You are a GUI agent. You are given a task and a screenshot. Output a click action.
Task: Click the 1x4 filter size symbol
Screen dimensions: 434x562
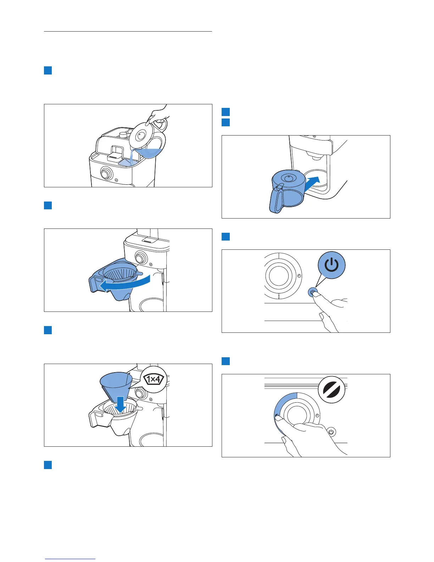click(154, 379)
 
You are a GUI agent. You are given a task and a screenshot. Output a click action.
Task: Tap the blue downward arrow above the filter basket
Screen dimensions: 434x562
click(121, 404)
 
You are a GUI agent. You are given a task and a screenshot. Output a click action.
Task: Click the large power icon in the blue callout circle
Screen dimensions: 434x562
click(332, 265)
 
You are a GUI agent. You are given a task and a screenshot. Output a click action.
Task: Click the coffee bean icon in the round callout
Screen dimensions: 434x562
click(332, 390)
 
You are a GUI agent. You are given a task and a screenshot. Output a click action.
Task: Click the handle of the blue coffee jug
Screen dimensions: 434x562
click(276, 199)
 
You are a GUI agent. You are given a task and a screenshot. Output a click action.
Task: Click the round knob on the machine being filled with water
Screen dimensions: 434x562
click(106, 174)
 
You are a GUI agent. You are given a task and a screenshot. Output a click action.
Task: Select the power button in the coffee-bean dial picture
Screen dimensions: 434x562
click(331, 432)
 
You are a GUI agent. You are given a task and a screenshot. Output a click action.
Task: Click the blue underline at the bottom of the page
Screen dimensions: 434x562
click(70, 559)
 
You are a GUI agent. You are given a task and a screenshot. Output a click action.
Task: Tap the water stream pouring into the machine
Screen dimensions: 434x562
click(132, 156)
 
